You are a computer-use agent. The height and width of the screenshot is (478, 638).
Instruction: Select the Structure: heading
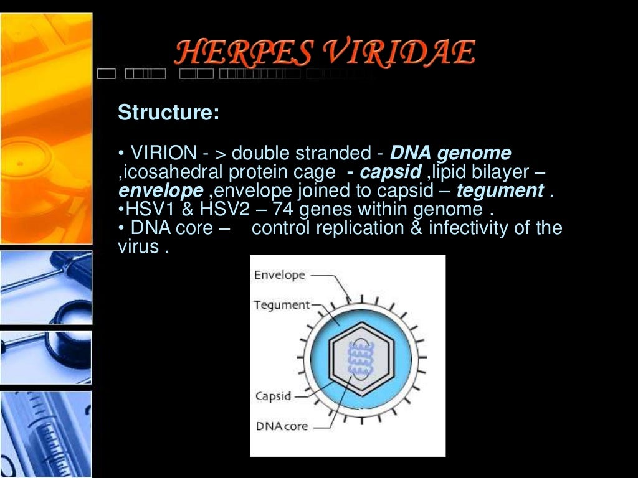pos(168,113)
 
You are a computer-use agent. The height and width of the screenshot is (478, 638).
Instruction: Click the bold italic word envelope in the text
pos(161,190)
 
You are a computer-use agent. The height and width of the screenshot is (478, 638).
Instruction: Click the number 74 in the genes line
pos(294,209)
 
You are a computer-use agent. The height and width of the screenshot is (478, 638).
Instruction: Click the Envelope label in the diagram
pos(279,274)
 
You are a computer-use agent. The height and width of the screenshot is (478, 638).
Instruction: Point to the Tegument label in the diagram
pos(282,305)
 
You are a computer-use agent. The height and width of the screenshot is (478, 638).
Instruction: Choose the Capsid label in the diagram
pos(273,396)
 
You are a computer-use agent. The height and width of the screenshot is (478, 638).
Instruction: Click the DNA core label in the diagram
pos(282,426)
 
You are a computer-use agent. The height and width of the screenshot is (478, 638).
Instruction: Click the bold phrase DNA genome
pos(450,153)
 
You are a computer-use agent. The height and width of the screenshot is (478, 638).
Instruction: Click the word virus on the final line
pos(138,246)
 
